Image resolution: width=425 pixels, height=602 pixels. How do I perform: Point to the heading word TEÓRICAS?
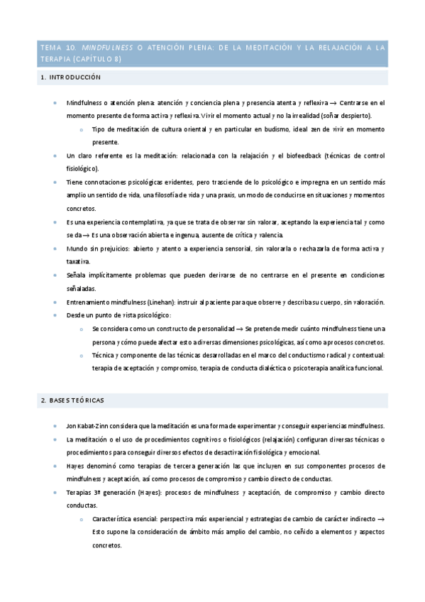point(87,400)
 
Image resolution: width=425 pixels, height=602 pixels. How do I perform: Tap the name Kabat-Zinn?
point(95,426)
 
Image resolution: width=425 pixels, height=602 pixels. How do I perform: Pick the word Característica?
point(119,519)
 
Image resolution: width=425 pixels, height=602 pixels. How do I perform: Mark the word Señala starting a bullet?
point(77,275)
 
